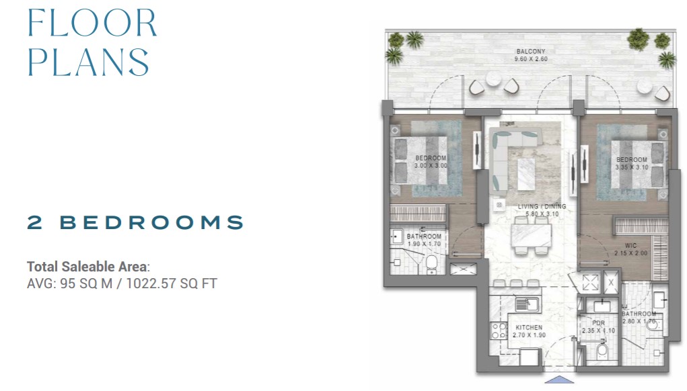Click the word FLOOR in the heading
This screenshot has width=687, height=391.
(92, 23)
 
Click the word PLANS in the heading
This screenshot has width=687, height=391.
(89, 62)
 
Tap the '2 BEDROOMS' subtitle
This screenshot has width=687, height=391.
(135, 222)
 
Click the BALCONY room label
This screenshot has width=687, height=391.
(531, 52)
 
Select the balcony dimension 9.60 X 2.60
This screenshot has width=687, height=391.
(531, 59)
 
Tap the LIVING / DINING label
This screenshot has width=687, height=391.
(542, 206)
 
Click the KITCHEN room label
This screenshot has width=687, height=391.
(529, 328)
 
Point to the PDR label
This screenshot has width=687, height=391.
(598, 323)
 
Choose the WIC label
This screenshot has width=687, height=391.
(631, 246)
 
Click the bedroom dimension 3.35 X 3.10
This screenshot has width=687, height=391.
(632, 167)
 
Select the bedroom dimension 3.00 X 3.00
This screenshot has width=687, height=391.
(431, 166)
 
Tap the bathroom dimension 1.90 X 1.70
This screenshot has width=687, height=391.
(424, 244)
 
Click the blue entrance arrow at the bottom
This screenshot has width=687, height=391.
(558, 380)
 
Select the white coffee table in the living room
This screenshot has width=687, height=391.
(526, 174)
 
